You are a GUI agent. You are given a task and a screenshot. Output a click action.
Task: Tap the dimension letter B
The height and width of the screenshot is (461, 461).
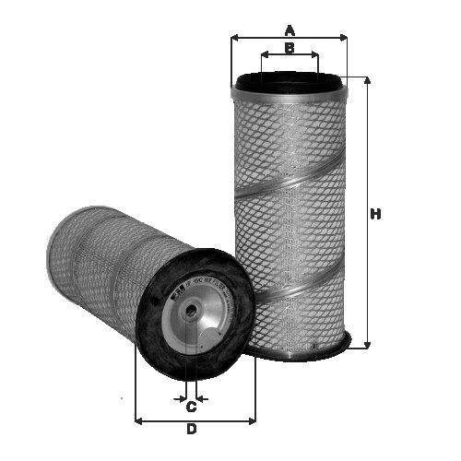coord(290,48)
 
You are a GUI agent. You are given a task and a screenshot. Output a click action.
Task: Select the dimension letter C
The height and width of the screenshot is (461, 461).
coord(191,407)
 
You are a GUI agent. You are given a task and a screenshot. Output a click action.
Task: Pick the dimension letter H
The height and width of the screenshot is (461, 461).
coord(375,215)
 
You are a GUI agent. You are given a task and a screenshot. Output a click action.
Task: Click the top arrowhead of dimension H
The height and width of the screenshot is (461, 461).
coord(368,80)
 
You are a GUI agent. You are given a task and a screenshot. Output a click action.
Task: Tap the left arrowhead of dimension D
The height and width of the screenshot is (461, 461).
coord(139,420)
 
